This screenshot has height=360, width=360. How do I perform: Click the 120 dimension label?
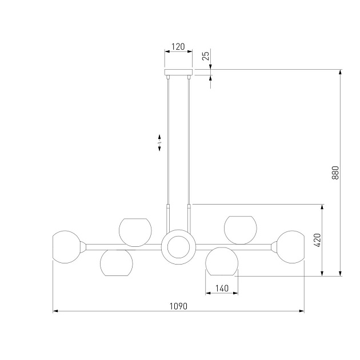click(178, 47)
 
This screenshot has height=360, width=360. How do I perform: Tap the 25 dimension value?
click(206, 56)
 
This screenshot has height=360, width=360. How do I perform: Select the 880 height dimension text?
click(335, 173)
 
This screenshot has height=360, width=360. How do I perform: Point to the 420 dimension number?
click(317, 240)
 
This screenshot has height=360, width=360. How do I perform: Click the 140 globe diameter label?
click(222, 288)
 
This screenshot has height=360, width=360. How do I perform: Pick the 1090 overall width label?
click(178, 306)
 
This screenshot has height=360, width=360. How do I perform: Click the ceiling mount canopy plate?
click(178, 73)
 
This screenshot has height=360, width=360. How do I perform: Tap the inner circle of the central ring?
click(178, 247)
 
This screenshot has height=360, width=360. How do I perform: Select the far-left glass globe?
click(66, 247)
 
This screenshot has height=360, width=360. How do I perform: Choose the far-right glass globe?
click(290, 247)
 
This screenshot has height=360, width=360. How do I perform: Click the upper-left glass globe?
click(135, 233)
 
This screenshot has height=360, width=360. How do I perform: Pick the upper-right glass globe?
click(241, 230)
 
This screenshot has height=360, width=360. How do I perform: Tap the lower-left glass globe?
click(117, 263)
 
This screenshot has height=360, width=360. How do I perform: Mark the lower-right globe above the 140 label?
click(222, 261)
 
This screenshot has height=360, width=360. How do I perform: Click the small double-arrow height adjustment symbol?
click(159, 143)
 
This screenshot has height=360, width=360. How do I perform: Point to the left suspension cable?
click(168, 141)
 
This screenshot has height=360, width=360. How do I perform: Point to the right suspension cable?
click(189, 141)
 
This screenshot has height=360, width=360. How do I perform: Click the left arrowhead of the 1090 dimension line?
click(55, 311)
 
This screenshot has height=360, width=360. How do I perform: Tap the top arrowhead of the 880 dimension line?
click(340, 72)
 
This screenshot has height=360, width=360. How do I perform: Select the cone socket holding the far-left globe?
click(83, 247)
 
